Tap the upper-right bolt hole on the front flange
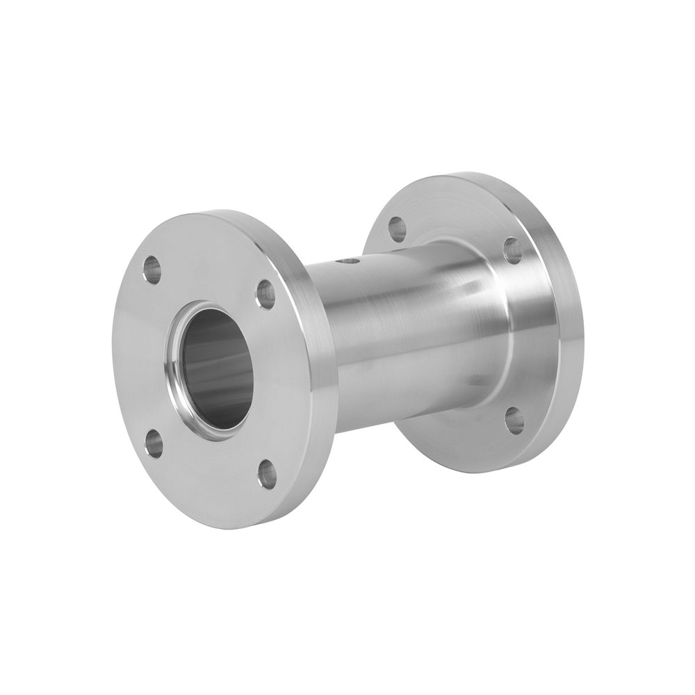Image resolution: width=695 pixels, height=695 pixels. click(x=265, y=293)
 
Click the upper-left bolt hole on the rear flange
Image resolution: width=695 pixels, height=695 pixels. click(x=397, y=226)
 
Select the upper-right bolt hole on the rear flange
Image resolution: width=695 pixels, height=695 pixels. click(x=512, y=250)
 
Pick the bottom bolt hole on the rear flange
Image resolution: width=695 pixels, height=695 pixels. click(x=514, y=419)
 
